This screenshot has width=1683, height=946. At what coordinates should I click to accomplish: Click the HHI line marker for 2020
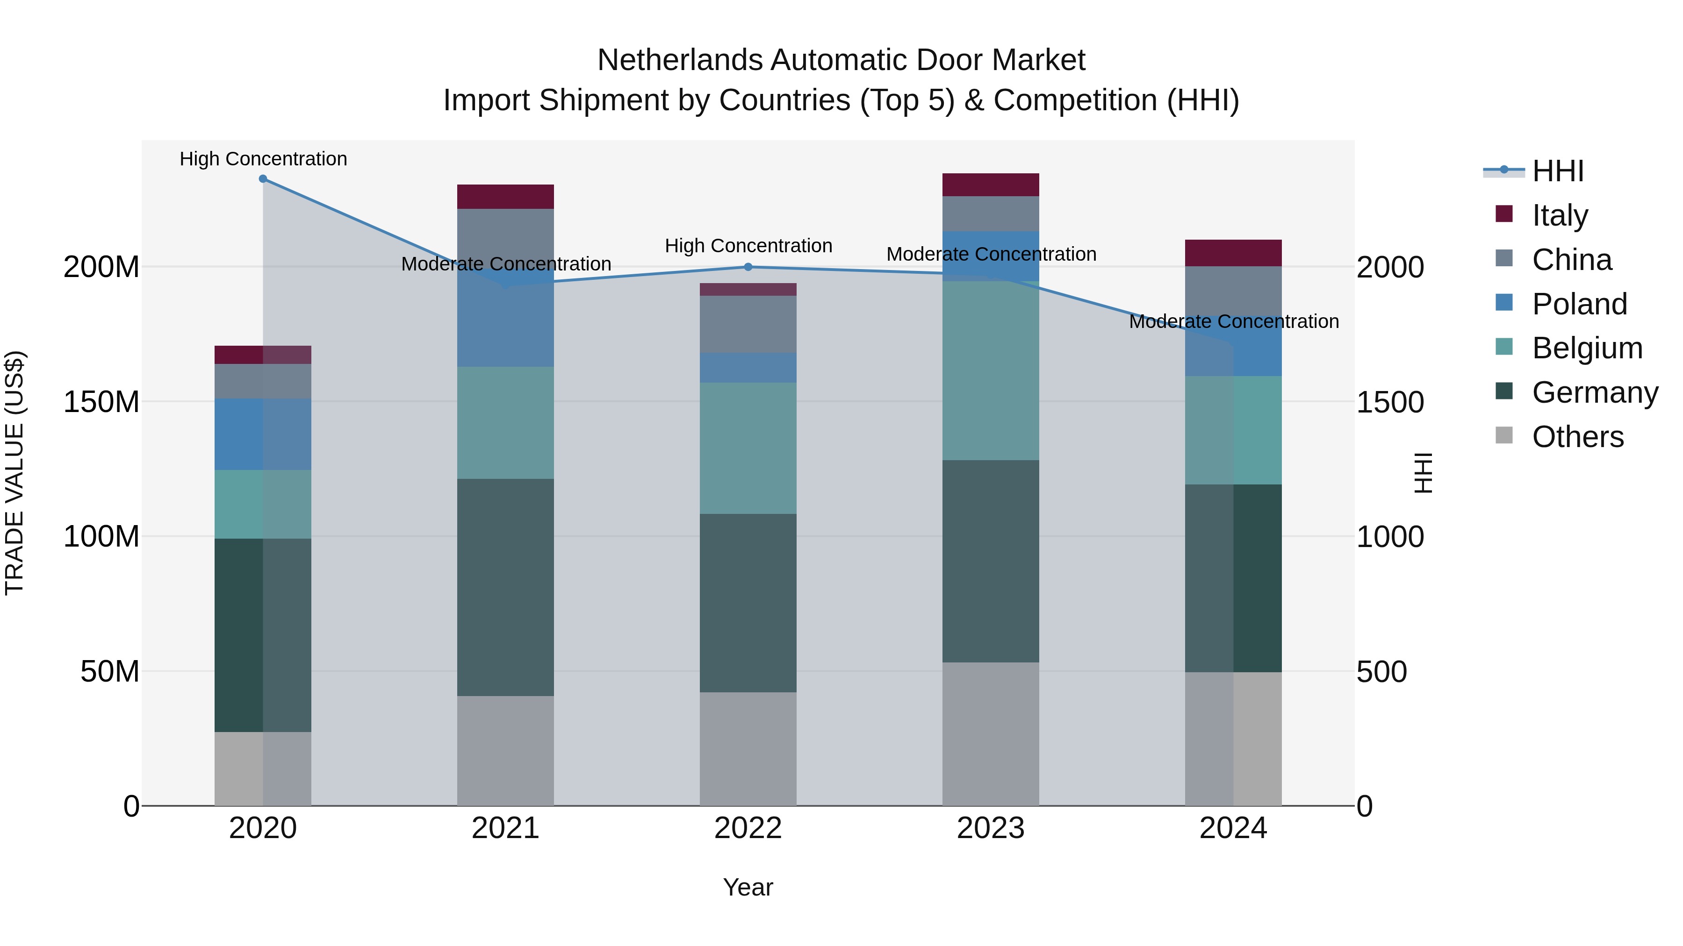click(263, 179)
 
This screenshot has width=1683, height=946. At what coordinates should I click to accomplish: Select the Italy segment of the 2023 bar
click(991, 185)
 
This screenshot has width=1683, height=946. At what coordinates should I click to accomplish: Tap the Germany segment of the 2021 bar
click(505, 588)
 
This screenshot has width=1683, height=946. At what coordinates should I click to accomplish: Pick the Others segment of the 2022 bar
click(748, 749)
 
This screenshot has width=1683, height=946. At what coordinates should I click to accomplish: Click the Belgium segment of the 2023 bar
click(991, 371)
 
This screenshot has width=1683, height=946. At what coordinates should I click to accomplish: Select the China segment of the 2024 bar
click(1233, 291)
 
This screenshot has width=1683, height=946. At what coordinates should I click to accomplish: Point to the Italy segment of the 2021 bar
click(505, 197)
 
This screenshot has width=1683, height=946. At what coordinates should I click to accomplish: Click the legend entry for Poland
click(1579, 304)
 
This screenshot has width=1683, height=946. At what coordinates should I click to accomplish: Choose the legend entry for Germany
click(1594, 392)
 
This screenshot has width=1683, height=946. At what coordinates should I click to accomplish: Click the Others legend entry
click(1577, 437)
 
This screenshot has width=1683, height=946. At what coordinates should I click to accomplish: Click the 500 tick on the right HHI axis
click(1381, 672)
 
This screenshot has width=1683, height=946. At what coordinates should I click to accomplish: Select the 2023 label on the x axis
click(991, 828)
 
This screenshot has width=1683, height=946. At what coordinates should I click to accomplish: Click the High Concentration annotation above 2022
click(748, 246)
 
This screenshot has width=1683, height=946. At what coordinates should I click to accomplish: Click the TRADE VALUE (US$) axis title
click(14, 473)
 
